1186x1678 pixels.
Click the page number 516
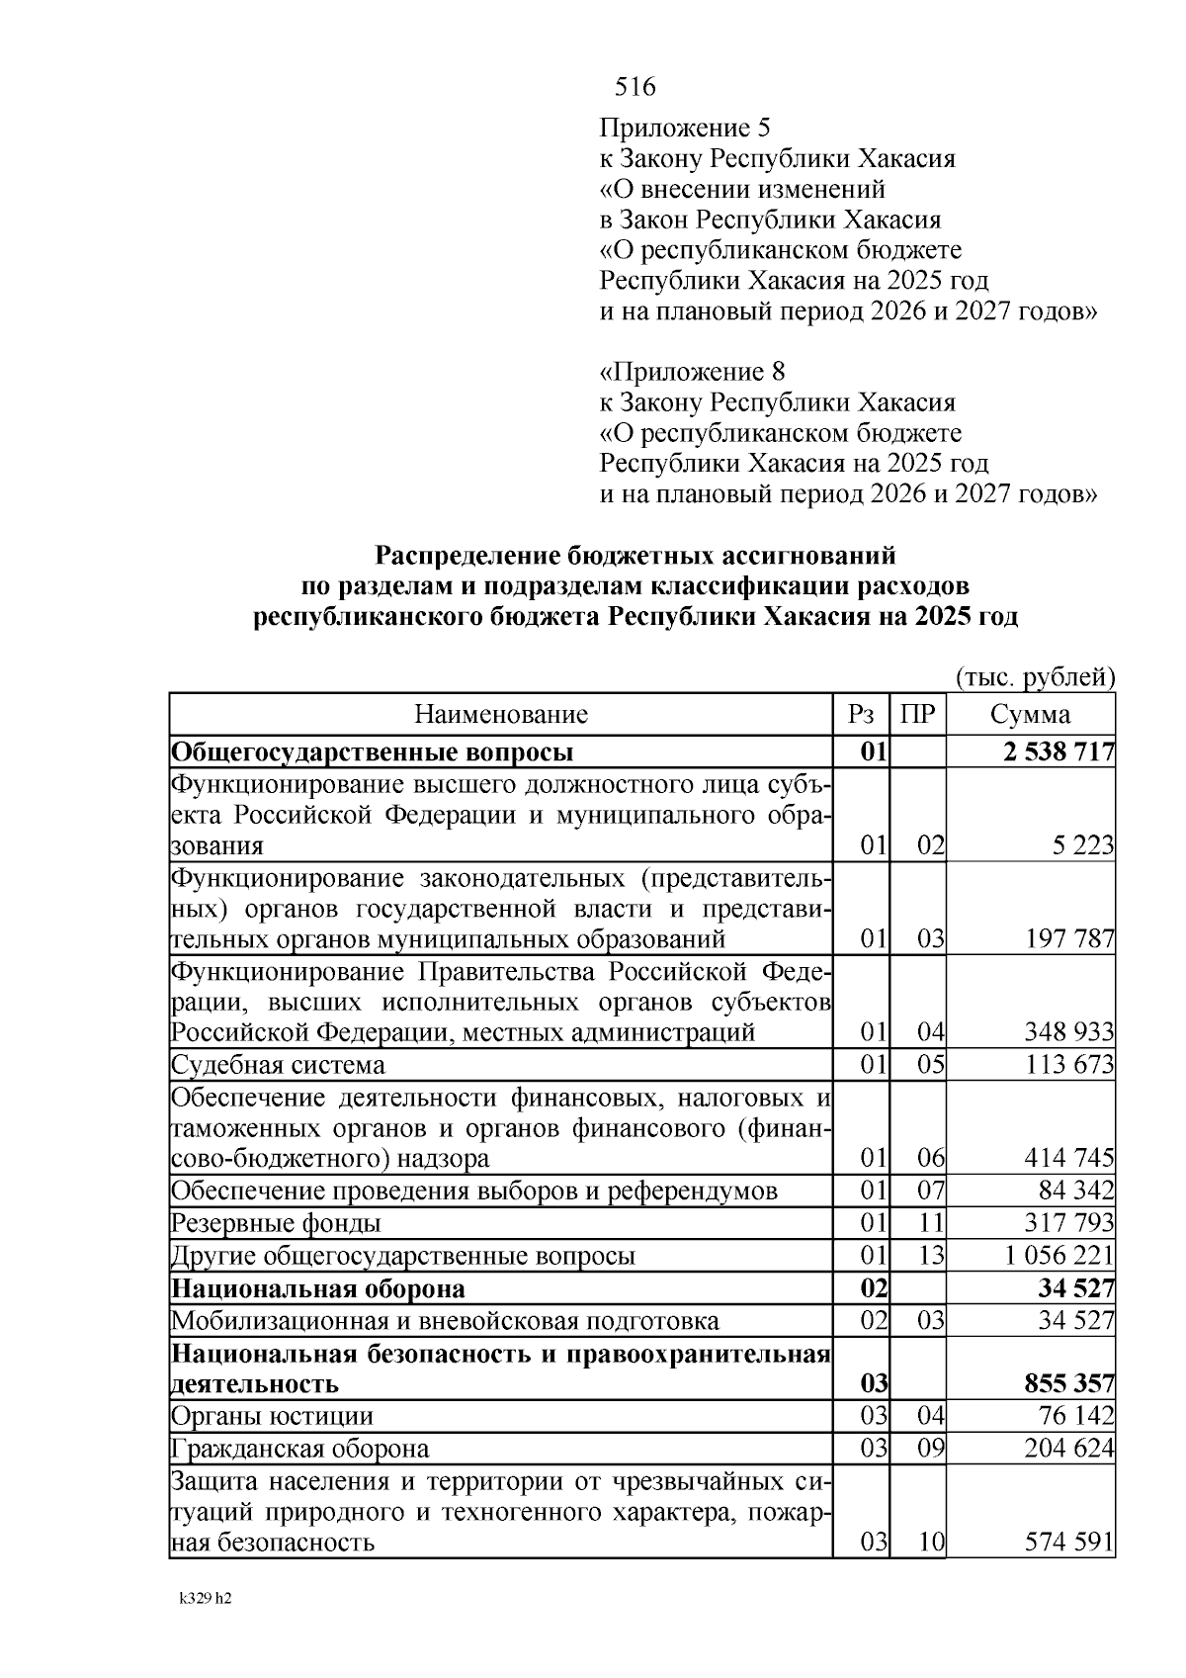tap(635, 87)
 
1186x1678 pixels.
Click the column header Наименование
tap(500, 714)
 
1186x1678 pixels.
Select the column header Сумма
tap(1030, 714)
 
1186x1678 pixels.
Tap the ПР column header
tap(918, 714)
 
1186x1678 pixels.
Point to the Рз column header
tap(861, 714)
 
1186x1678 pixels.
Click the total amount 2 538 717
tap(1059, 752)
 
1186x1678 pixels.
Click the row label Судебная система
tap(279, 1065)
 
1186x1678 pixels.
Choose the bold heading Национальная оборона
tap(318, 1288)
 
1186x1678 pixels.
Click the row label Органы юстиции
tap(273, 1416)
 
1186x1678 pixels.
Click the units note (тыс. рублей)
tap(1035, 677)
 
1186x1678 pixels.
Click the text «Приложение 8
tap(693, 372)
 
